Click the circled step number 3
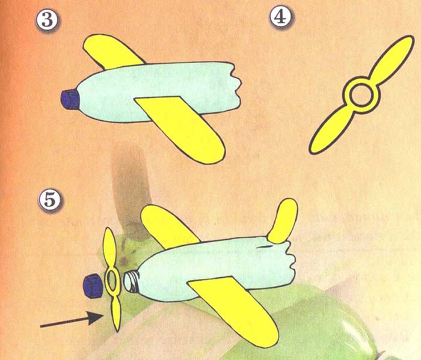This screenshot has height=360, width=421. click(x=47, y=20)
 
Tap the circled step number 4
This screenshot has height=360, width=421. click(x=280, y=17)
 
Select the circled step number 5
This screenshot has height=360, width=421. click(x=49, y=200)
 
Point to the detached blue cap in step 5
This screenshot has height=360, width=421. click(x=93, y=286)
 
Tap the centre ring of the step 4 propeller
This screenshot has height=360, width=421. click(x=361, y=95)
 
